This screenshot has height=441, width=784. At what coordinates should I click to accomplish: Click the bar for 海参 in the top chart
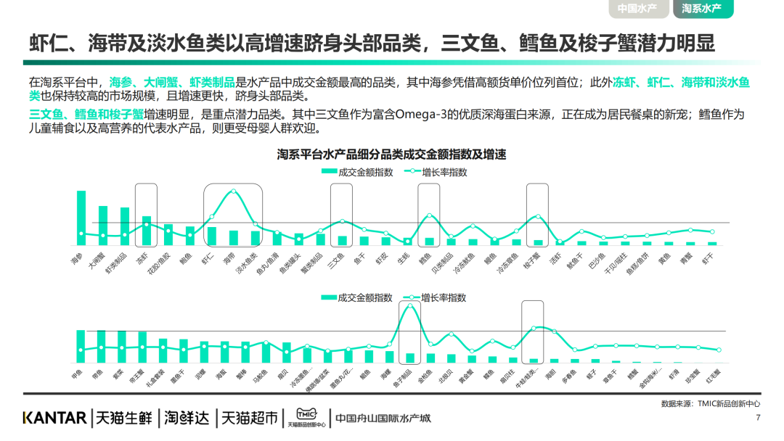pos(81,218)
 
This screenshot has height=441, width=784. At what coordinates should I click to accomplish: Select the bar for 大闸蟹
pos(103,225)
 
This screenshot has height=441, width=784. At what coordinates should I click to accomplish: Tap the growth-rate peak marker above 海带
pos(233,191)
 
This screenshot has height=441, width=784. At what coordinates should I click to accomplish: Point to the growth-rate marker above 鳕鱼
pos(429,215)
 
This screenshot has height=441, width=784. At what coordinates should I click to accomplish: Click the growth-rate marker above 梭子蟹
pos(538,216)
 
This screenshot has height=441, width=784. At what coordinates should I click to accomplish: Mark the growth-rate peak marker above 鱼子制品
pos(410,305)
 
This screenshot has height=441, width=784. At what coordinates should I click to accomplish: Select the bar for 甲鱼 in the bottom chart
pos(81,346)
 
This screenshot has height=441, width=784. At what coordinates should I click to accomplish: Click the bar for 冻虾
pos(147,230)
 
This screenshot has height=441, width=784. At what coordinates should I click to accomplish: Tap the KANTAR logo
pos(55,418)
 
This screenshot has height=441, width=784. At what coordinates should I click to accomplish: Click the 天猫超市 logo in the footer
pos(250,418)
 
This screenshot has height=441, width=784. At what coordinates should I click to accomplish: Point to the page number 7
pos(758,418)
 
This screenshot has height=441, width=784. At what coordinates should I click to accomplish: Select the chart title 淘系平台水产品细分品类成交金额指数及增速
pos(391,154)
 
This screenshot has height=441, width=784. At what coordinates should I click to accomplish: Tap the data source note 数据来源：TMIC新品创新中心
pos(710,403)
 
